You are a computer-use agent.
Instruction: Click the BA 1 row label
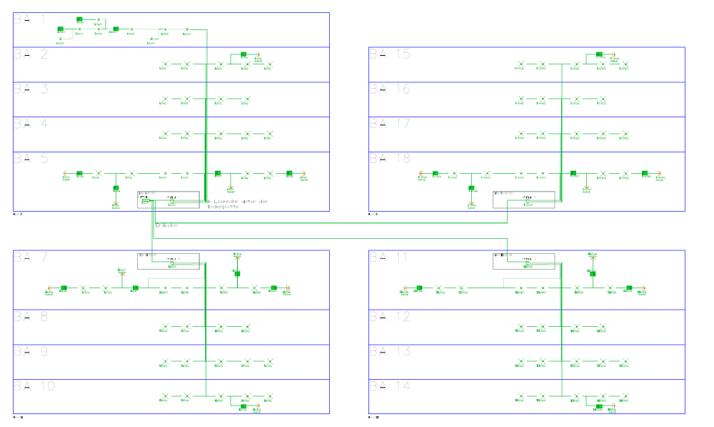coord(29,20)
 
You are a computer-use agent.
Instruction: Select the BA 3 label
coord(29,89)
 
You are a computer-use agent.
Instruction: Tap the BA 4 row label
coord(29,124)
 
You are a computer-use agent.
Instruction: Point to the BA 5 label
coord(29,159)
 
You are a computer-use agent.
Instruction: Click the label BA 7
coord(29,257)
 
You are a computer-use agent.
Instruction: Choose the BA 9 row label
coord(29,352)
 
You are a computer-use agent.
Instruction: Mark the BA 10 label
coord(34,387)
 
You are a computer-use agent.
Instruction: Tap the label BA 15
coord(389,54)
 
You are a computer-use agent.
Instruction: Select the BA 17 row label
coord(389,124)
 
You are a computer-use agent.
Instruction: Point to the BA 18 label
coord(389,159)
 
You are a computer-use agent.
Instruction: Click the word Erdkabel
coord(166,225)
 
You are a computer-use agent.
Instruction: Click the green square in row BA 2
coord(243,54)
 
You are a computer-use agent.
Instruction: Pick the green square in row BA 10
coord(243,406)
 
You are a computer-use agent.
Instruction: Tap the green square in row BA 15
coord(599,54)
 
